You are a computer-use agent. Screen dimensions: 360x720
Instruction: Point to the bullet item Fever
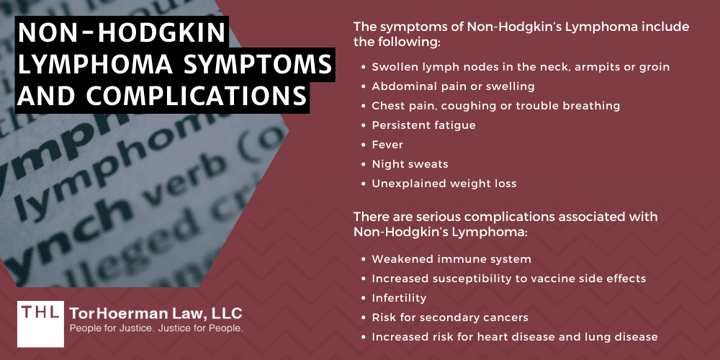click(387, 145)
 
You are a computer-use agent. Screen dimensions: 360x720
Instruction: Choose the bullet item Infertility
click(399, 297)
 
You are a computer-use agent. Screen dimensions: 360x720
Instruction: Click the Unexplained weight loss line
click(444, 184)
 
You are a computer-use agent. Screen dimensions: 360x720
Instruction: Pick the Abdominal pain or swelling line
click(453, 86)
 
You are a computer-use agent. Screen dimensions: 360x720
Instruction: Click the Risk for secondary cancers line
click(450, 317)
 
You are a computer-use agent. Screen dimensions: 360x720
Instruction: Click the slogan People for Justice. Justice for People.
click(156, 328)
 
